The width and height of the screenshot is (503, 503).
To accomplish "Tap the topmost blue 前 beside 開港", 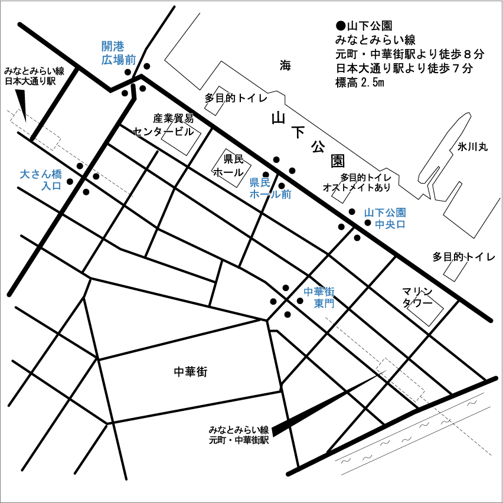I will point(130,60).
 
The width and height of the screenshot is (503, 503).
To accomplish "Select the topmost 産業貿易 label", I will point(173,118).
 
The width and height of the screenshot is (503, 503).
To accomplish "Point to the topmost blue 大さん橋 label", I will point(41,175).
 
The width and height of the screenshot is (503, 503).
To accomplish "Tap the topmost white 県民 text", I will point(233,159).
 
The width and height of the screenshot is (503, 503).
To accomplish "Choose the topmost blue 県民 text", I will point(260,182).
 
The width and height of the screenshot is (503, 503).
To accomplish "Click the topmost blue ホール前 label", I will point(270,194).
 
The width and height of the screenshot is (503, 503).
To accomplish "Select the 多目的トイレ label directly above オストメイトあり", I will point(365,177).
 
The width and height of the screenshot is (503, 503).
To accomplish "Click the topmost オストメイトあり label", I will point(357,188).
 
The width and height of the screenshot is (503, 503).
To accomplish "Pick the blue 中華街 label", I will point(319,292).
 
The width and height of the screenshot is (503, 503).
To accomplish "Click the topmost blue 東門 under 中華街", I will point(324,303).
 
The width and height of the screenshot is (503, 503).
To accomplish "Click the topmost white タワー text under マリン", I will point(417,302).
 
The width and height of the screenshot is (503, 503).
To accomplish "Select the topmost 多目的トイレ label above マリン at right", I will point(463,257).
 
